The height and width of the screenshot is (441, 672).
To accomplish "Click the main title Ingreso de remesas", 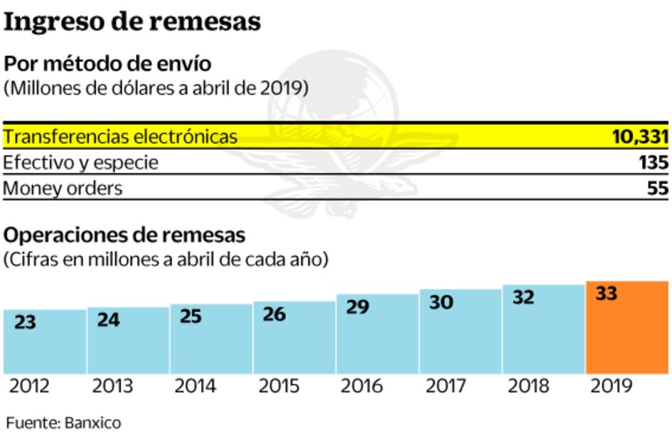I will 132,22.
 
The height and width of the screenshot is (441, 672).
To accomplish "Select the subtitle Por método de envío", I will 107,64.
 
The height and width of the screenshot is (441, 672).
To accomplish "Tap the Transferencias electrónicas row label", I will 120,137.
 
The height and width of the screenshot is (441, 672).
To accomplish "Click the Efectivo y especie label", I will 80,163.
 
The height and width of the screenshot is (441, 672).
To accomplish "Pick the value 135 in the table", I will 653,163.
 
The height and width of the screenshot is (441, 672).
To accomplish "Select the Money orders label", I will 63,188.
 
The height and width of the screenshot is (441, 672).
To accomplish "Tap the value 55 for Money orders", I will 657,188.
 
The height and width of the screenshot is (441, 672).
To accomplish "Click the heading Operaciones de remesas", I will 124,235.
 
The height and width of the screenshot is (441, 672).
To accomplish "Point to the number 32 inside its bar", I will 523,298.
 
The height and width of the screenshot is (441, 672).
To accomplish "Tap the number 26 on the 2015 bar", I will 274,314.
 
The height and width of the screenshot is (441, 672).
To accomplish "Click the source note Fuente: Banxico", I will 63,423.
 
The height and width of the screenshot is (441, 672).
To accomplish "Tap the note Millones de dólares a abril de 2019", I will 156,89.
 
